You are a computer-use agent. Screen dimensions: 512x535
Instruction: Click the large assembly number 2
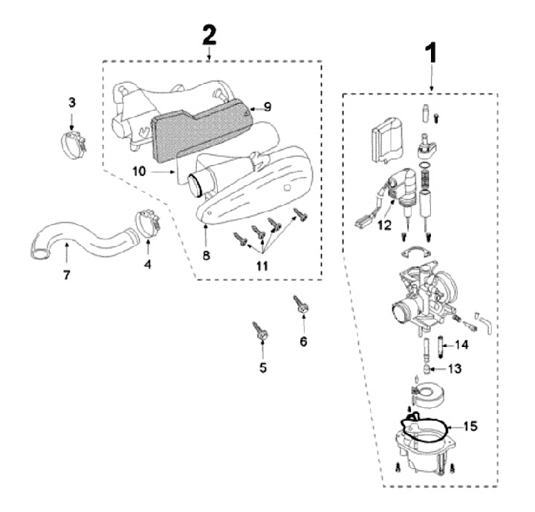(x=210, y=34)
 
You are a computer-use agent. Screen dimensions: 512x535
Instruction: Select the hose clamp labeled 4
(x=148, y=222)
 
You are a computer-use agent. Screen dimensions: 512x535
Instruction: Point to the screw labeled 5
(x=260, y=331)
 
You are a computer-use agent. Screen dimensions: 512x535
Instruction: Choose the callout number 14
(x=462, y=344)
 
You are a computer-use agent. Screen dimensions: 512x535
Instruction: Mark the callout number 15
(x=470, y=427)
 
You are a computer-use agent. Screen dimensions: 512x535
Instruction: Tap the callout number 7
(x=67, y=276)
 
